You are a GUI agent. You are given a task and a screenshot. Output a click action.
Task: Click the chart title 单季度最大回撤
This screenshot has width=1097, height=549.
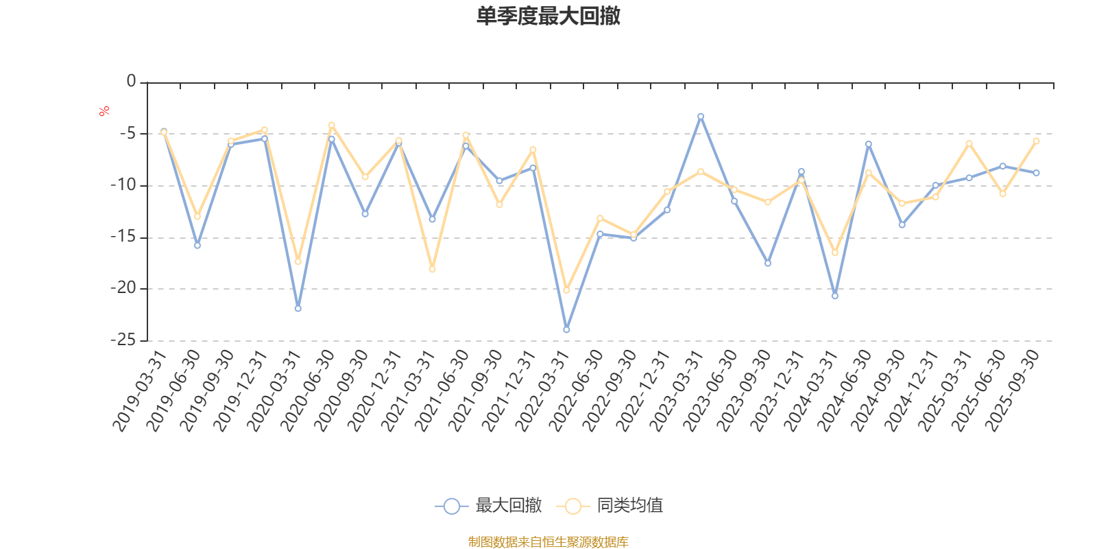tap(548, 16)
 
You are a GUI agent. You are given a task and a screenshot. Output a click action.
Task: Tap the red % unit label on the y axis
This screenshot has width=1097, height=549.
tap(104, 110)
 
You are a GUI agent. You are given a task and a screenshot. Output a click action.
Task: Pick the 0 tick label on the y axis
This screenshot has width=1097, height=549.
tap(131, 82)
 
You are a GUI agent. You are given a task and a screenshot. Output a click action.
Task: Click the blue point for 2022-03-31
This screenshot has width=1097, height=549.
tap(566, 330)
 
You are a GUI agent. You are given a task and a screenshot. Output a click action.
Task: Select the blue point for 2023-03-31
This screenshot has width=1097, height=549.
tap(701, 116)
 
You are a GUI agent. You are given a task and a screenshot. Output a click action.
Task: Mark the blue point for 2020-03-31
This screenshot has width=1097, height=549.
tap(298, 309)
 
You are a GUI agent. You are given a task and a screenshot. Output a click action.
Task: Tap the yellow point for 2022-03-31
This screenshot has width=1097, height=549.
tap(566, 290)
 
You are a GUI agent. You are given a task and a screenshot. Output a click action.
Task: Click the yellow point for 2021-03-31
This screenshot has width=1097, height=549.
tap(432, 269)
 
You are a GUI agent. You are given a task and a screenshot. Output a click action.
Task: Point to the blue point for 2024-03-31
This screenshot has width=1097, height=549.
tap(834, 296)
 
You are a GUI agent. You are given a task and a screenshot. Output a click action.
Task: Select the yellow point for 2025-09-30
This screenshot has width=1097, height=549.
tap(1036, 141)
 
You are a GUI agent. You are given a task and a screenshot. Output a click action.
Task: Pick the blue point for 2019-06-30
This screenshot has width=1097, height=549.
tap(197, 245)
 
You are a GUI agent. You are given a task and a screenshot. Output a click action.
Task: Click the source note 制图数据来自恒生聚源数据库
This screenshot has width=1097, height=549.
tap(548, 542)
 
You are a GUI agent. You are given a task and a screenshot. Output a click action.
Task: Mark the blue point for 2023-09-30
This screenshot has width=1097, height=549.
tap(768, 264)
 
